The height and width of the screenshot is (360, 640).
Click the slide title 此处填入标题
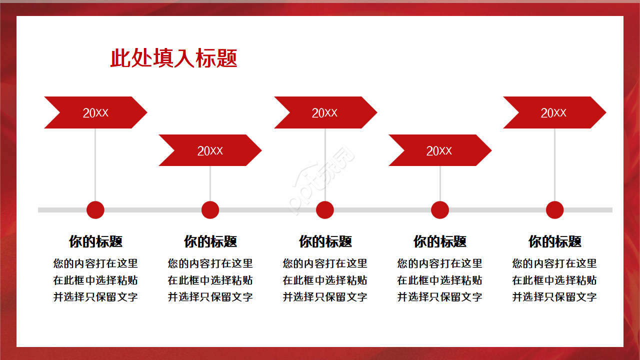coord(173,58)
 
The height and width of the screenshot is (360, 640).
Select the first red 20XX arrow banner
coord(95,112)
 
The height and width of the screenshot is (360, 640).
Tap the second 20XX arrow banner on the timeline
coord(210,150)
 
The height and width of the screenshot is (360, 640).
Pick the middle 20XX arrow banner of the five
coord(325,112)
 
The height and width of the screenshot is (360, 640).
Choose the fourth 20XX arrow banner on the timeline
coord(439,150)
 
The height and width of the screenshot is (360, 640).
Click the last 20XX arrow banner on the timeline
coord(554,112)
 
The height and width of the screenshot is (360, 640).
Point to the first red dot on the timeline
coord(95,210)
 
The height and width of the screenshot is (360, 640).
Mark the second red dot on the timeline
coord(210,210)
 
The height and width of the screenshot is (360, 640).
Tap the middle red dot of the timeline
coord(325,210)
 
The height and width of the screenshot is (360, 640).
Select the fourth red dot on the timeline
coord(440,210)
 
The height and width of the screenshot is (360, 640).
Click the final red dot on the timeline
coord(554,210)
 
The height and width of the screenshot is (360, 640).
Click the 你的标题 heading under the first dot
coord(95,242)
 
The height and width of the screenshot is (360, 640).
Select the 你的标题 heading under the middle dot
coord(325,242)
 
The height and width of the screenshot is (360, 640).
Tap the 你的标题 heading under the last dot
coord(554,242)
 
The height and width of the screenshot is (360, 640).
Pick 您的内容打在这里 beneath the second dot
coord(210,263)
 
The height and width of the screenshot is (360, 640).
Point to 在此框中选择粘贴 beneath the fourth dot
coord(440,280)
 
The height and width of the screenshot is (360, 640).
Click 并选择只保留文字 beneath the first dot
coord(95,297)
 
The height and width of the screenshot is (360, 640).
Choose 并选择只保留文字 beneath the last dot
coord(554,297)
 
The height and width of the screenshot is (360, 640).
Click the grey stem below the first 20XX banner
coord(95,165)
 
